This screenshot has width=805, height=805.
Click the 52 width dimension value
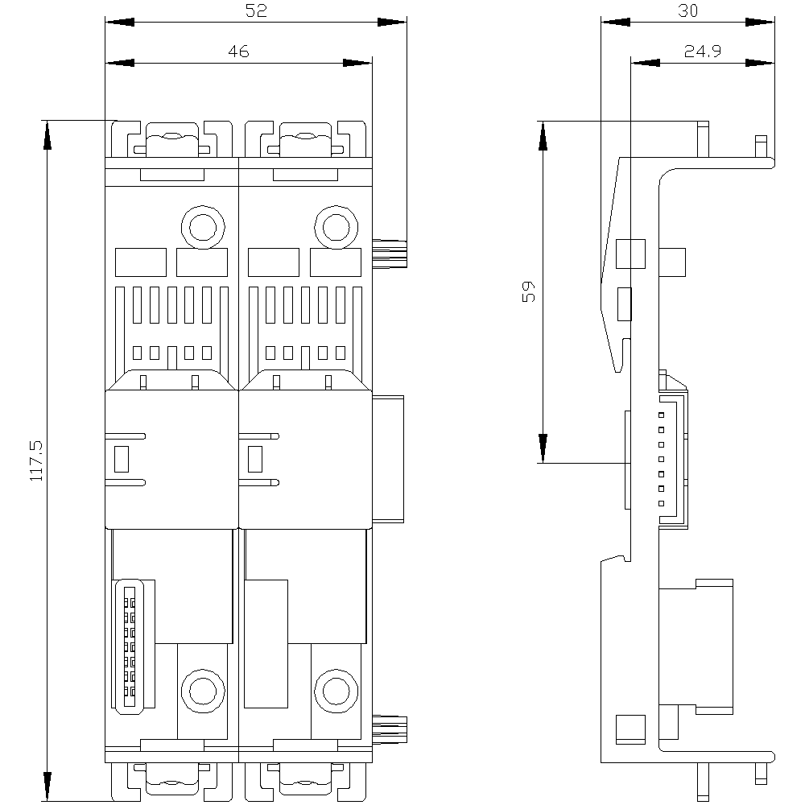click(x=256, y=10)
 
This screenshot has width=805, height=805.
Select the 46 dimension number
click(x=239, y=52)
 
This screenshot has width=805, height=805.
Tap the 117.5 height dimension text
click(x=36, y=460)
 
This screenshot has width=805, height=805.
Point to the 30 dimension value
click(x=687, y=10)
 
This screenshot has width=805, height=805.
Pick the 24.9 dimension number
click(x=702, y=51)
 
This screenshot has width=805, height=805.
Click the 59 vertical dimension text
click(x=528, y=291)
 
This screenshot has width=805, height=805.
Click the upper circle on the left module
click(x=204, y=227)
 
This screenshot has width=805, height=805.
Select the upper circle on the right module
click(x=336, y=227)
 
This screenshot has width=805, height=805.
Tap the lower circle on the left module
click(x=204, y=691)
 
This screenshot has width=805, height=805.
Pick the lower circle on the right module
click(x=336, y=691)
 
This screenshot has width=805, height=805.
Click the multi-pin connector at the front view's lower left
click(x=130, y=646)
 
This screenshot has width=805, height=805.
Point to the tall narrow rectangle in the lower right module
click(x=266, y=644)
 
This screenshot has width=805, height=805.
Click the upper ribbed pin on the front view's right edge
click(x=390, y=253)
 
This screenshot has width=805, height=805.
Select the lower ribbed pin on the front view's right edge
click(x=390, y=729)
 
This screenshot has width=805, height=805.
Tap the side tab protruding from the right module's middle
click(x=388, y=459)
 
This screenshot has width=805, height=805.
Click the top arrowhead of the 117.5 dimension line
click(x=47, y=135)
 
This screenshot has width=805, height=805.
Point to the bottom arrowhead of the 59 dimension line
click(x=543, y=448)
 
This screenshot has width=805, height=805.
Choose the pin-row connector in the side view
click(x=673, y=460)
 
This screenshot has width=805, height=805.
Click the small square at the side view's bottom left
click(x=630, y=729)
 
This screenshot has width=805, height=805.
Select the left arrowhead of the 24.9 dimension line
click(x=646, y=63)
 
